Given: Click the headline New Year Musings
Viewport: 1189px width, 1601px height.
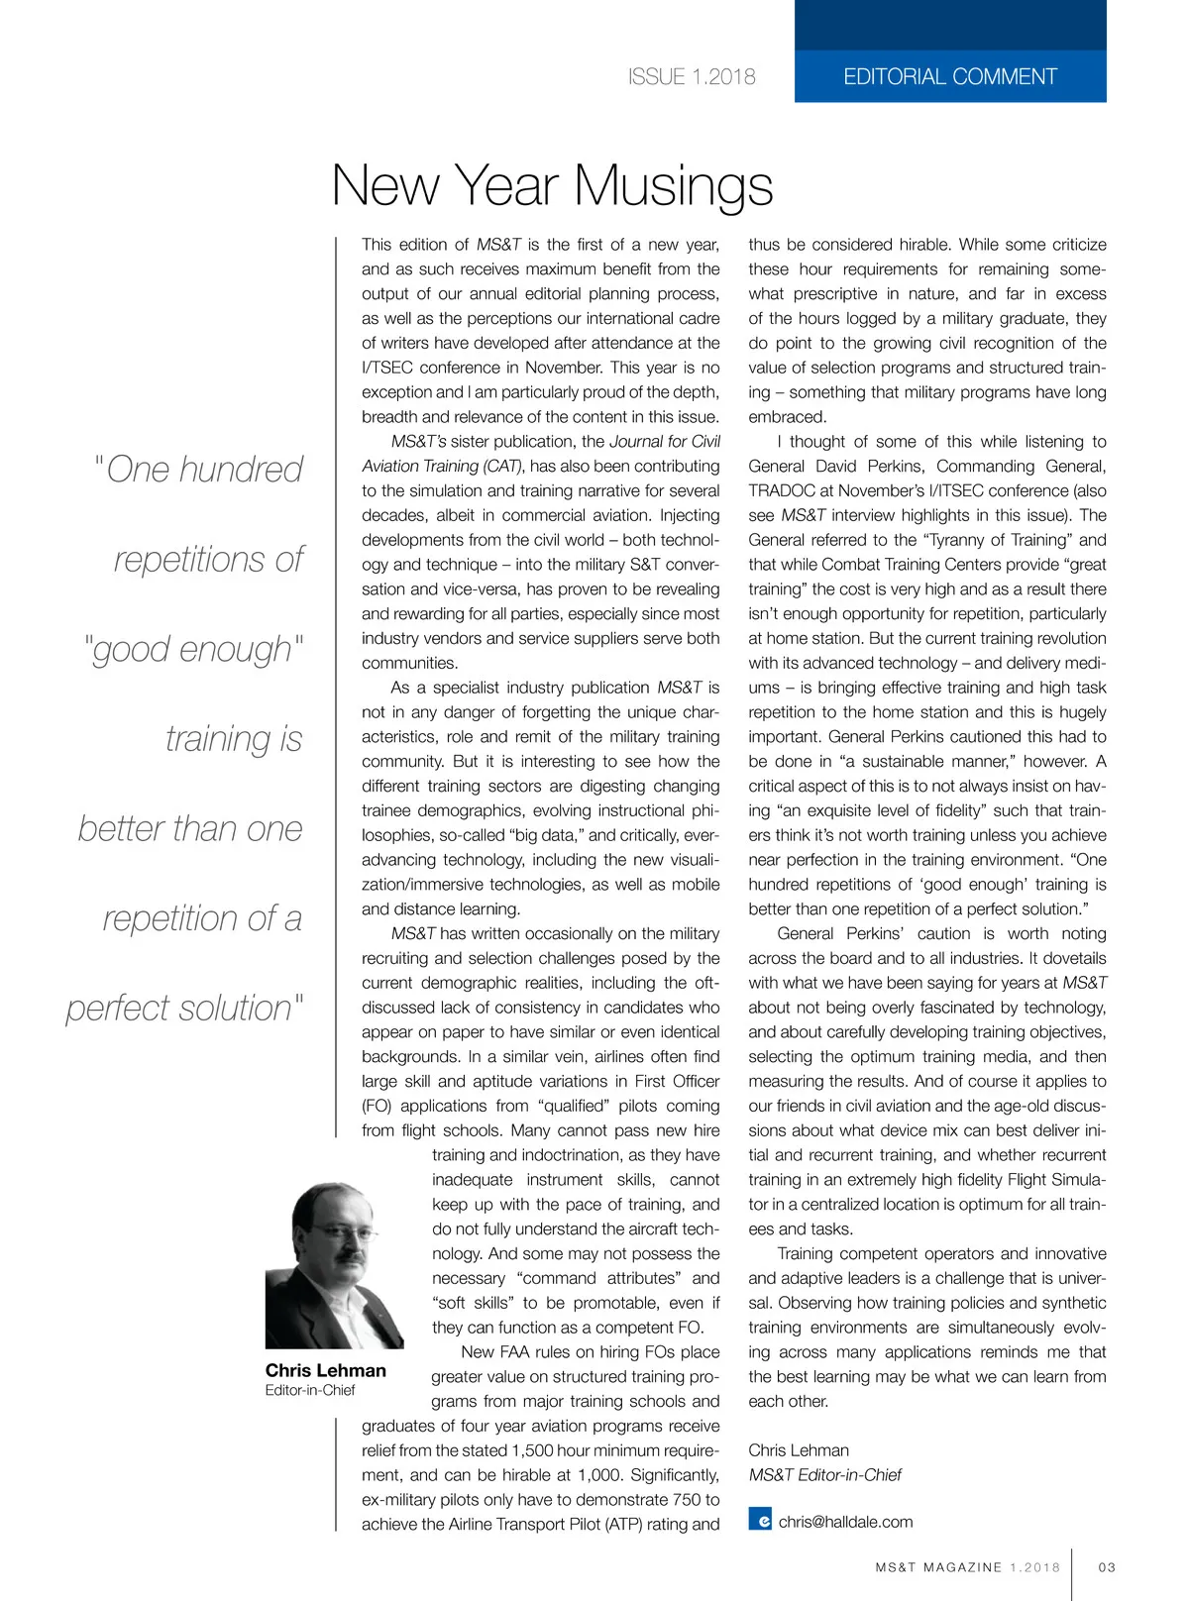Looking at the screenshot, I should point(552,185).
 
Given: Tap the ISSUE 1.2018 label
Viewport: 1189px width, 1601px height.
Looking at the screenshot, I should point(692,77).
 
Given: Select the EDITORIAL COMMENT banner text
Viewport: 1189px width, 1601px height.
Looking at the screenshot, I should point(949,77).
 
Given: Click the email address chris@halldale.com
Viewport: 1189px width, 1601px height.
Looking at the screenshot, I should point(845,1522).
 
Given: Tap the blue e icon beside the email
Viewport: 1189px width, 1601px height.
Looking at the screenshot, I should point(760,1520).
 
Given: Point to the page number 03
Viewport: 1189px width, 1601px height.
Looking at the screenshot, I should point(1107,1567).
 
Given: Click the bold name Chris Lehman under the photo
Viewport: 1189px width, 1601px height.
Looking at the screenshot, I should point(325,1370).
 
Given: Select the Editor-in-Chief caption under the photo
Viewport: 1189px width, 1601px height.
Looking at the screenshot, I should point(309,1390).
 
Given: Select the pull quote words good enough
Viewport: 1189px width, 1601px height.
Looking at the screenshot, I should point(192,650).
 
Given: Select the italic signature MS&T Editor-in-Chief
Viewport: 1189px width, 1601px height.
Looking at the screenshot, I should point(824,1475).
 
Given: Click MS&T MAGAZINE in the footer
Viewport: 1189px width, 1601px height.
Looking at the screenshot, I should point(938,1567).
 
